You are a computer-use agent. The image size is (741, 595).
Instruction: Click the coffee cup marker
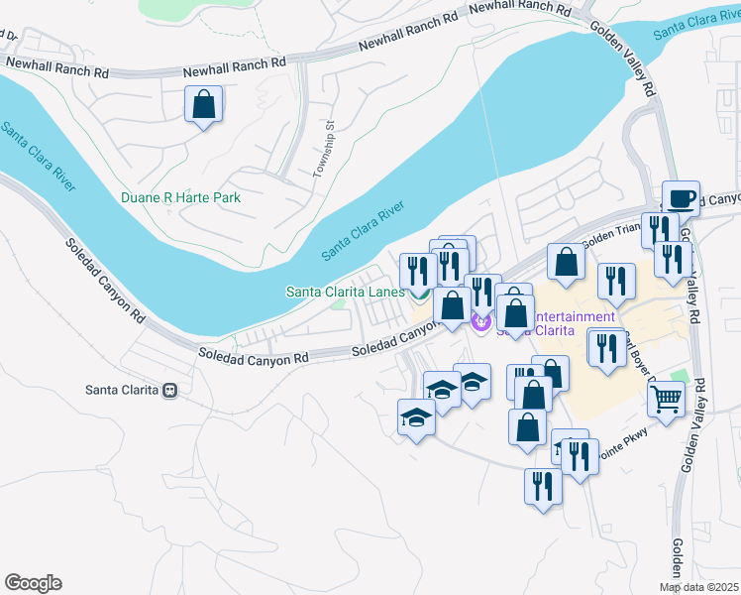[x=681, y=198]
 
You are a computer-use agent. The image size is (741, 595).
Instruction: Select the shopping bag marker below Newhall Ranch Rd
[x=203, y=104]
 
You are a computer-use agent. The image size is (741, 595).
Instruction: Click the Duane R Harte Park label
[x=180, y=197]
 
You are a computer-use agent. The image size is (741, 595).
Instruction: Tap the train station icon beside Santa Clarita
[x=171, y=390]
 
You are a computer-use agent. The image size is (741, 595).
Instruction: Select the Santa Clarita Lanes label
[x=345, y=292]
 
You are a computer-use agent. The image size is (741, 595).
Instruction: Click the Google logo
[x=33, y=583]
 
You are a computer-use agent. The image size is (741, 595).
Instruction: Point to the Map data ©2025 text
[x=697, y=588]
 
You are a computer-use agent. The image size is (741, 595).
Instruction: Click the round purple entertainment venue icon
[x=482, y=321]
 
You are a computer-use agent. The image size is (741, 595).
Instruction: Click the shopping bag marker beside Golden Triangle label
[x=566, y=262]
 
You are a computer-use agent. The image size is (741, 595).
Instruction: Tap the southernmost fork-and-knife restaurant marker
[x=543, y=487]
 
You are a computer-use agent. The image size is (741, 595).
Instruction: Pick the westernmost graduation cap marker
[x=416, y=416]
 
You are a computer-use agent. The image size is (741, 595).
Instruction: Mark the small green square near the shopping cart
[x=679, y=377]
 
